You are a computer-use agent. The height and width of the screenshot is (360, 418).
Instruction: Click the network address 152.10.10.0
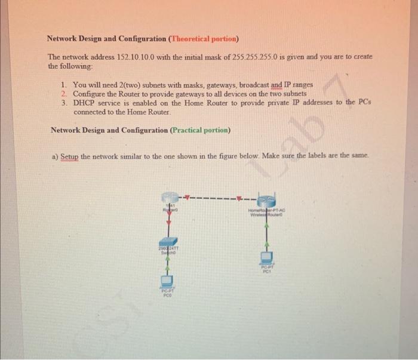pyautogui.click(x=139, y=56)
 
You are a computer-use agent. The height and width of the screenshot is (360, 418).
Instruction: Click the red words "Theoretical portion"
pyautogui.click(x=204, y=39)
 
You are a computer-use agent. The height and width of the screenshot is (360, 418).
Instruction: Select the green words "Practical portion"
pyautogui.click(x=200, y=130)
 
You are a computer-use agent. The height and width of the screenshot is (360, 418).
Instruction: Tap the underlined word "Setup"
pyautogui.click(x=70, y=156)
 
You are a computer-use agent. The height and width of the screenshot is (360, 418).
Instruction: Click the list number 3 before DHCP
pyautogui.click(x=64, y=103)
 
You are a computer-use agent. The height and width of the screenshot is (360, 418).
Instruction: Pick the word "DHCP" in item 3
pyautogui.click(x=85, y=103)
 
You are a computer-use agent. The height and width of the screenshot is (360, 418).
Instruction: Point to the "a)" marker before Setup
pyautogui.click(x=54, y=156)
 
